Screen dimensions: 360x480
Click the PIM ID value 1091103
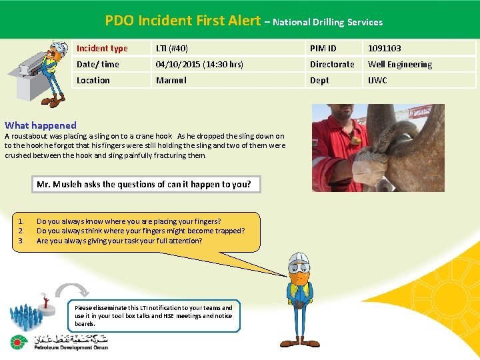click(385, 48)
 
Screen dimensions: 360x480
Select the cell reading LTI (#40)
click(172, 48)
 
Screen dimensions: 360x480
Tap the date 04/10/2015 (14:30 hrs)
click(199, 65)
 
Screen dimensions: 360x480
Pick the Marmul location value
click(171, 81)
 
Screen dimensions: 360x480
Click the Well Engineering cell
click(400, 65)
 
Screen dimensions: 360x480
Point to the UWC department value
click(377, 81)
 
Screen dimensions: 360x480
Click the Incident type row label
click(102, 48)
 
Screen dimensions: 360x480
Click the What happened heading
click(41, 125)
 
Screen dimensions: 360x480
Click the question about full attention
click(119, 241)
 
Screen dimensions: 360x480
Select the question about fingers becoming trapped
click(141, 231)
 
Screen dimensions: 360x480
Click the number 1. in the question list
click(21, 221)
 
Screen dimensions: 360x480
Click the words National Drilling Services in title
click(328, 22)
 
